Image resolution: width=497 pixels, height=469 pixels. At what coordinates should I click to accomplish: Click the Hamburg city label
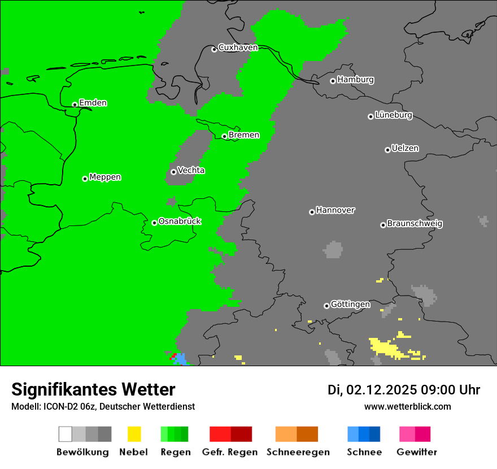click(x=355, y=80)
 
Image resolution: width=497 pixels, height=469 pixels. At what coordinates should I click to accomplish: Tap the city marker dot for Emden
click(x=75, y=105)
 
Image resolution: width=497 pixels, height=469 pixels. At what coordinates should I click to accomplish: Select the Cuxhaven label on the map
click(x=238, y=47)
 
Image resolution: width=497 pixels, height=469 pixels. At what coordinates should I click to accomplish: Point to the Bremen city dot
click(x=224, y=136)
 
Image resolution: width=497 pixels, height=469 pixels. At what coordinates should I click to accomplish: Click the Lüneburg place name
click(x=393, y=115)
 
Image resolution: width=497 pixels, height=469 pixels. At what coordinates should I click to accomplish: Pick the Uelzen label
click(x=405, y=149)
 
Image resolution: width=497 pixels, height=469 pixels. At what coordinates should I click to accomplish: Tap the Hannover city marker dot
click(x=312, y=212)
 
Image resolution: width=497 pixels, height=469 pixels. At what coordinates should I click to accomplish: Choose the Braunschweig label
click(x=415, y=224)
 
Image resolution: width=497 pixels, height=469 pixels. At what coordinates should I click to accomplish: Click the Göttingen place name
click(x=350, y=305)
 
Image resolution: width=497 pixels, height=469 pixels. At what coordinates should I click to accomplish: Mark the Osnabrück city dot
click(x=154, y=223)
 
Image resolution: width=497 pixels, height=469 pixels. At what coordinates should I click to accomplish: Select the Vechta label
click(x=191, y=171)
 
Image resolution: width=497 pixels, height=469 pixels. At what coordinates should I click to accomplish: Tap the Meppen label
click(x=105, y=177)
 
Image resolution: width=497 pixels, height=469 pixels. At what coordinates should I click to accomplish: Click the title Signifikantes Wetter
click(x=93, y=390)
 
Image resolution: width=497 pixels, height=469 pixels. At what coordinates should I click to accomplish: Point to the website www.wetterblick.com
click(x=407, y=407)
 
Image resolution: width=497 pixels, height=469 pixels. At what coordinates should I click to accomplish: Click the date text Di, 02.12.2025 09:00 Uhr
click(x=404, y=390)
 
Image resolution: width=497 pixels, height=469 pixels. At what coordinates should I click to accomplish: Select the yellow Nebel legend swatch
click(x=134, y=434)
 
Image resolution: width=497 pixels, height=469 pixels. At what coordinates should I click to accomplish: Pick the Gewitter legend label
click(x=416, y=452)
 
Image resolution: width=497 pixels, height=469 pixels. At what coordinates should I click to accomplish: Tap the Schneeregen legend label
click(x=298, y=452)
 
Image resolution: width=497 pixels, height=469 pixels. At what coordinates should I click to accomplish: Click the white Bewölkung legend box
click(x=66, y=434)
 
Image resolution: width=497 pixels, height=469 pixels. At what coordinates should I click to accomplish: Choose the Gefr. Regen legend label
click(x=230, y=452)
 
